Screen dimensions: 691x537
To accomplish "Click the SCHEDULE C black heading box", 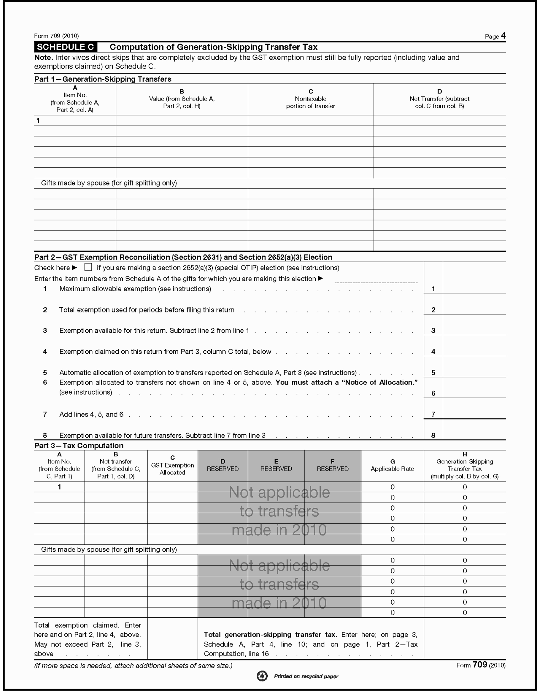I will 66,47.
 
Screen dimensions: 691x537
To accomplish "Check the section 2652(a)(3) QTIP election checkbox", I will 88,267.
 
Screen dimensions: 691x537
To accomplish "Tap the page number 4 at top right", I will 503,36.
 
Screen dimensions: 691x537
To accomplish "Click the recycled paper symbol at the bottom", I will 262,676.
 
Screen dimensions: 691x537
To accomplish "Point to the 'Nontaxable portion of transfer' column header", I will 310,99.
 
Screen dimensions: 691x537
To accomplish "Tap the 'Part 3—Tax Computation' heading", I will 79,445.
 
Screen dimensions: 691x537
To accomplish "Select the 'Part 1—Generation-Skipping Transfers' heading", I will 103,79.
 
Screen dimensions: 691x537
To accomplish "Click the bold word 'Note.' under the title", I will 43,58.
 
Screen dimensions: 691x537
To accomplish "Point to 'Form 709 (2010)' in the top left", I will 56,36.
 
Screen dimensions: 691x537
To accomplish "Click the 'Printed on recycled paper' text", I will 306,676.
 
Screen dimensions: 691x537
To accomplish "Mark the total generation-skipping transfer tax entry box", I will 465,639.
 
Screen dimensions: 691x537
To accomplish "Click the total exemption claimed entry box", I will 172,639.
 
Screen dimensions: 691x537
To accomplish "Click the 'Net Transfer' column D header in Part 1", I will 439,99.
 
